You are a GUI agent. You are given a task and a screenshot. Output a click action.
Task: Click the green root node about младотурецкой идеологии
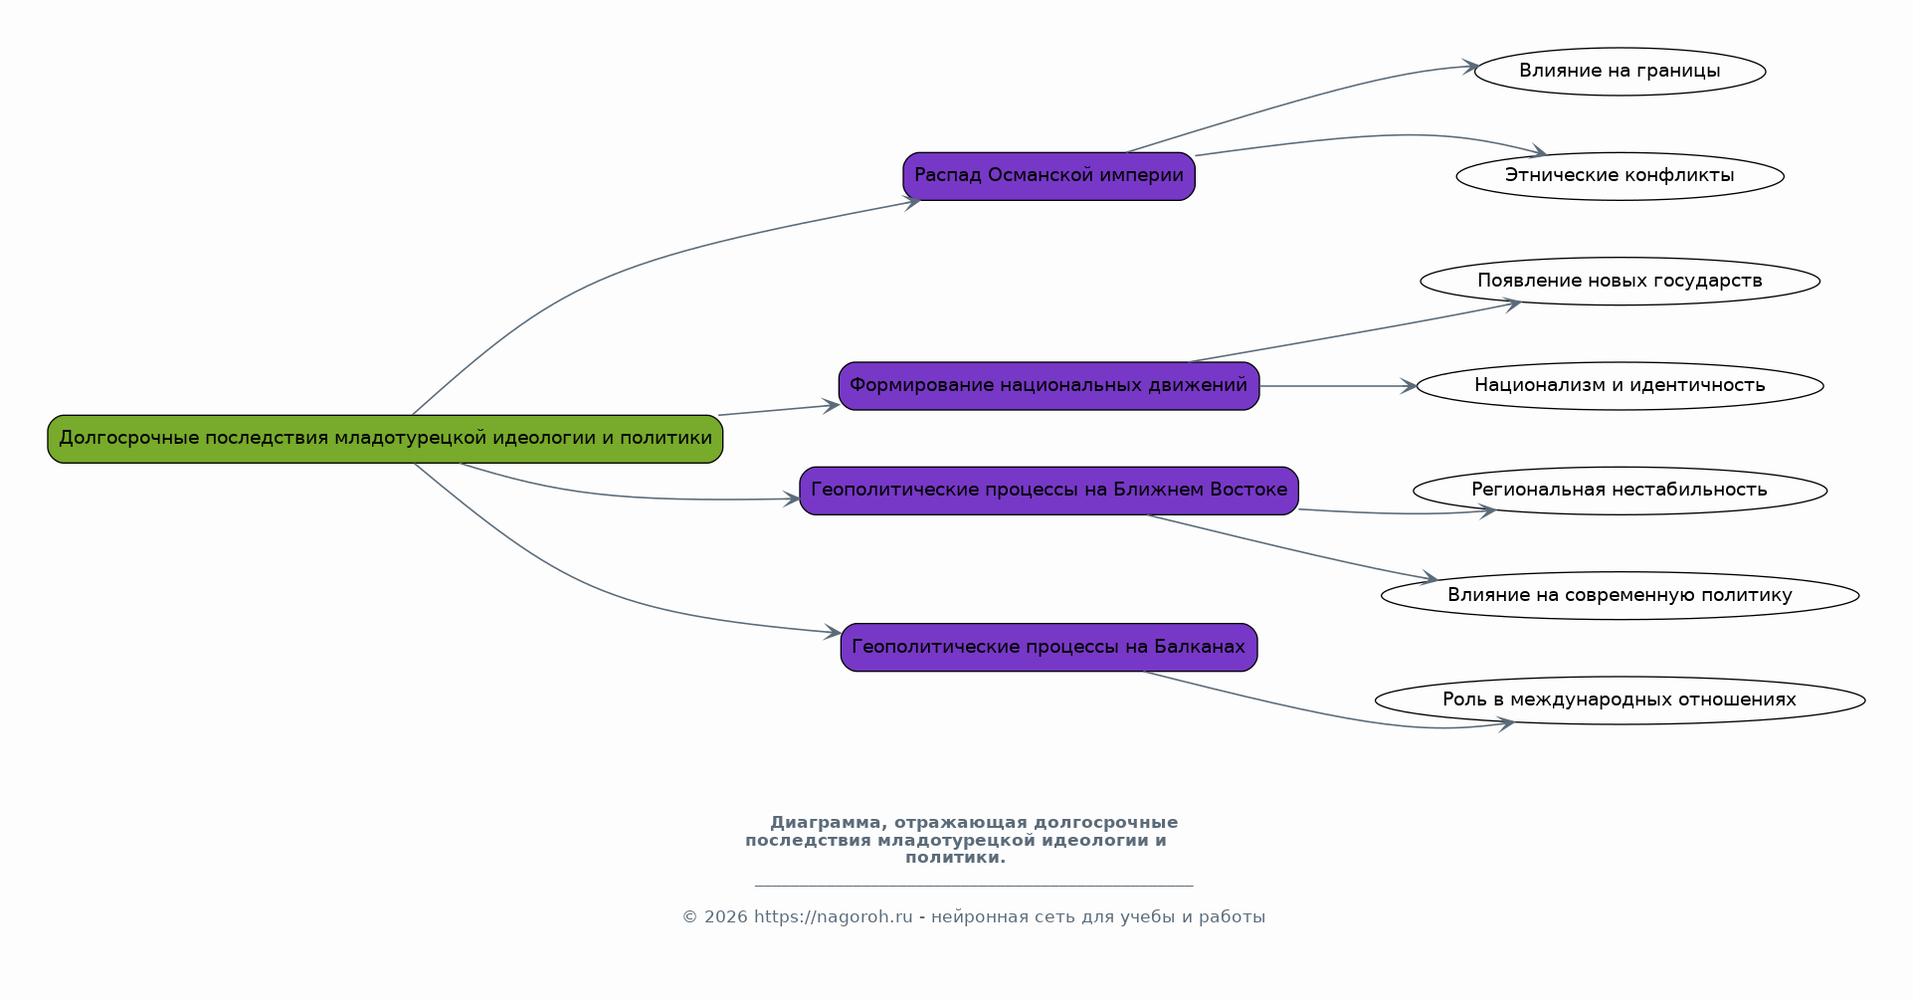pyautogui.click(x=385, y=439)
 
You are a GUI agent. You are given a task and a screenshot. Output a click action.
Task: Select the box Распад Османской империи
pyautogui.click(x=1049, y=176)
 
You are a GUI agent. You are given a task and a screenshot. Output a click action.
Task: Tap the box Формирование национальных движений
pyautogui.click(x=1049, y=386)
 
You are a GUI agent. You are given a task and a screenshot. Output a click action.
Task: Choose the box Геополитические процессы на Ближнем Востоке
pyautogui.click(x=1049, y=491)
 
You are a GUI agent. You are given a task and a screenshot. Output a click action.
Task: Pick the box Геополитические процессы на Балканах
pyautogui.click(x=1049, y=648)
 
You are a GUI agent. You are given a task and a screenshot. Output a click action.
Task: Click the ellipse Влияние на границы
pyautogui.click(x=1620, y=72)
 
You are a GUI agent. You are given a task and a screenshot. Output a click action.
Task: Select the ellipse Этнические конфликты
pyautogui.click(x=1620, y=176)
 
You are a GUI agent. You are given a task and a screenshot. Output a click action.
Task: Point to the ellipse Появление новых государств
pyautogui.click(x=1620, y=282)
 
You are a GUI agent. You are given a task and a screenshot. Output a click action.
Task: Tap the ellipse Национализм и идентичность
pyautogui.click(x=1620, y=386)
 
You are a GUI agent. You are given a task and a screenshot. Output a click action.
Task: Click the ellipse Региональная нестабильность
pyautogui.click(x=1620, y=491)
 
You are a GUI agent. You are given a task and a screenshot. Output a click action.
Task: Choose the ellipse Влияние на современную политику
pyautogui.click(x=1620, y=596)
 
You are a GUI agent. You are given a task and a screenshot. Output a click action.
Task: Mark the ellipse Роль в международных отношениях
pyautogui.click(x=1620, y=700)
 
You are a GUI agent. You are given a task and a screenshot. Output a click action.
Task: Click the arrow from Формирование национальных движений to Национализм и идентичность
pyautogui.click(x=1338, y=386)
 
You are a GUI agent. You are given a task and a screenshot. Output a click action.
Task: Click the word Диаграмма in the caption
pyautogui.click(x=825, y=823)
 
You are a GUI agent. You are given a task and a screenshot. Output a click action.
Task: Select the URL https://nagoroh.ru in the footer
pyautogui.click(x=833, y=917)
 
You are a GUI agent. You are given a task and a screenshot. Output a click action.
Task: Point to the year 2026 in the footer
pyautogui.click(x=725, y=917)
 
